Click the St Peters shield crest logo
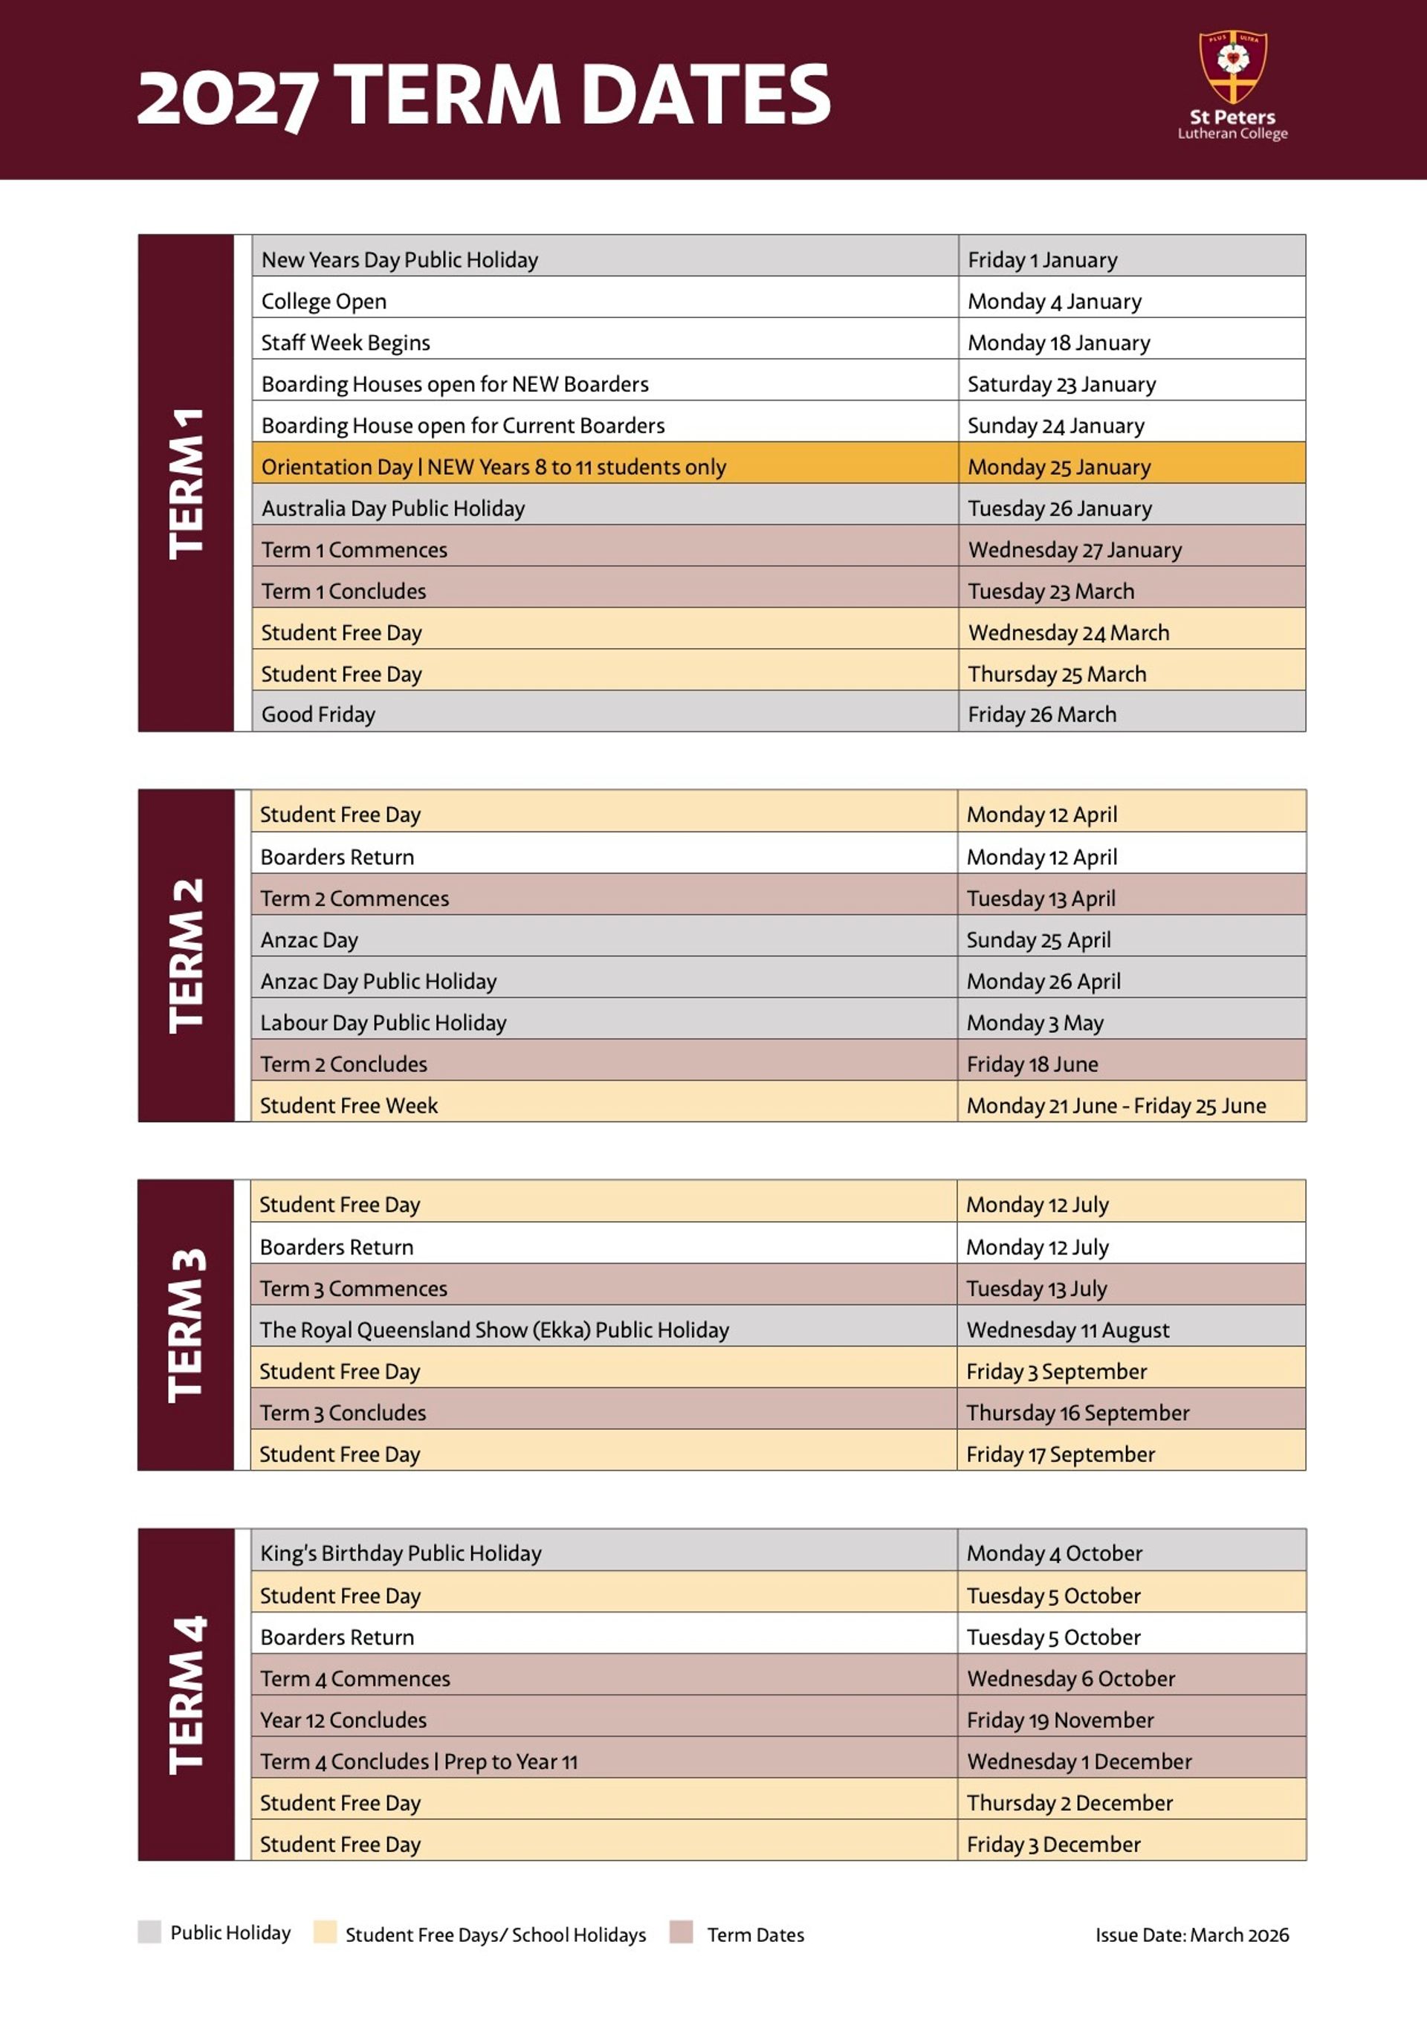(1233, 67)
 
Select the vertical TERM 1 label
(187, 483)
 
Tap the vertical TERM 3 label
(187, 1325)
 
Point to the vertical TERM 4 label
(187, 1694)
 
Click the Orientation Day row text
(494, 467)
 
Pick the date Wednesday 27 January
(1075, 550)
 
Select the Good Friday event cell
(318, 714)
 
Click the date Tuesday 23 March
(1051, 592)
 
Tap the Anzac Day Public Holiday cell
(379, 981)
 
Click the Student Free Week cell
(349, 1105)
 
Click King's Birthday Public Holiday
(401, 1553)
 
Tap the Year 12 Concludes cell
(343, 1720)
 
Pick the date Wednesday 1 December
(1079, 1761)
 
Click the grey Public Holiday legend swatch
(149, 1932)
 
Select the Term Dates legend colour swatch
(681, 1932)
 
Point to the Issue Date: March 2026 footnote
(1191, 1935)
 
